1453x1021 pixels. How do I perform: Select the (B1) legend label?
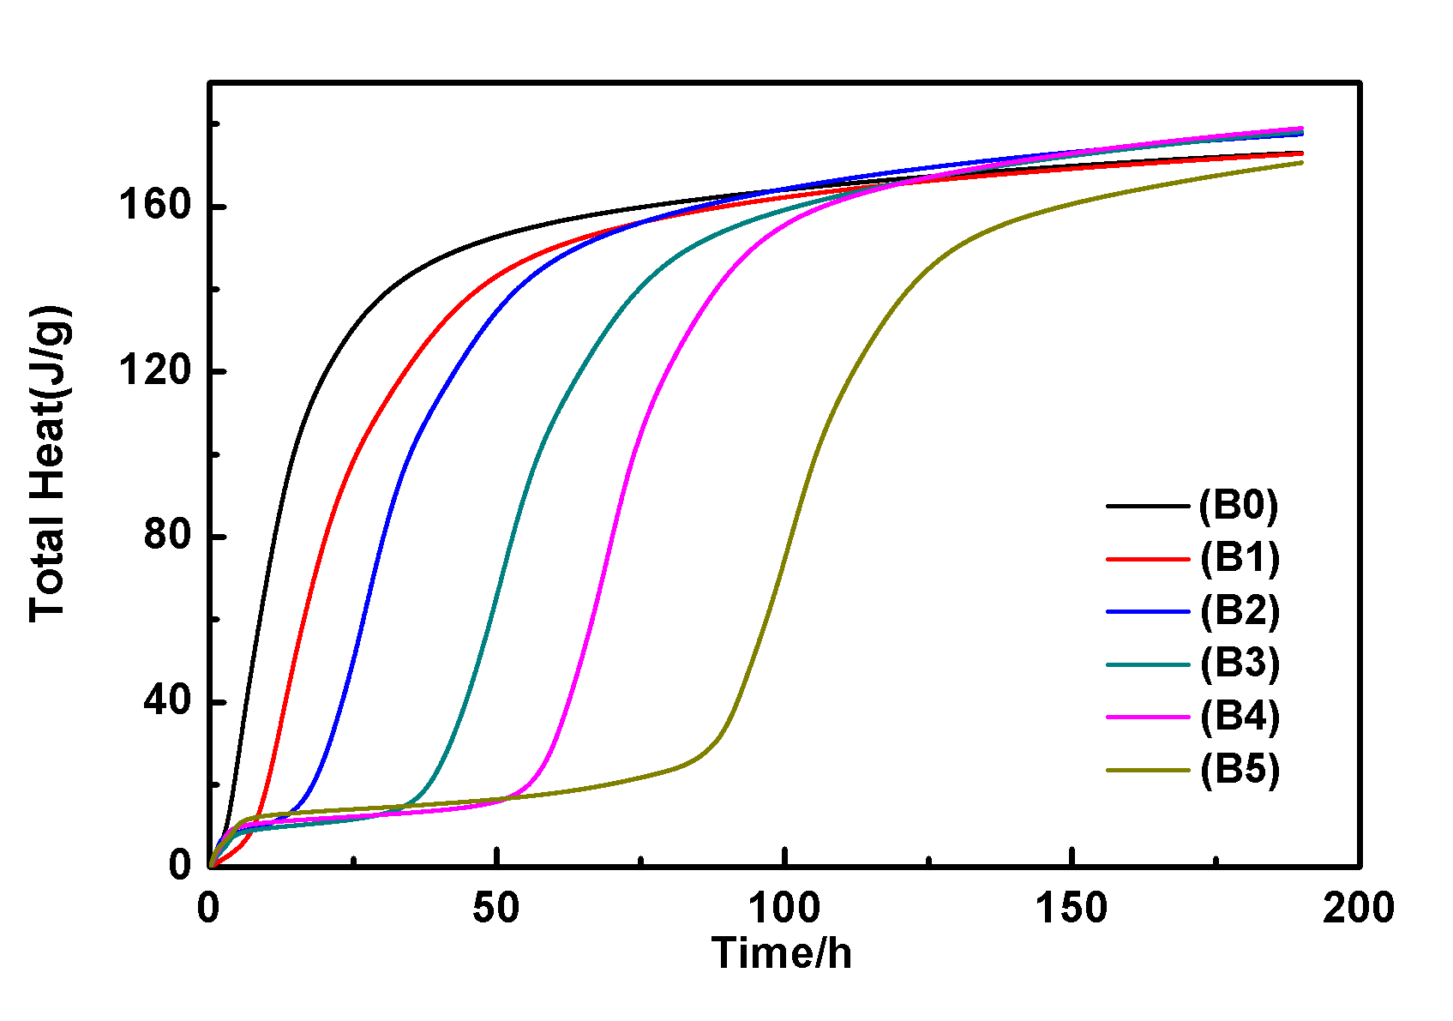(1240, 558)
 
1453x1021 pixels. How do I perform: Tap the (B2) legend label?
(1240, 611)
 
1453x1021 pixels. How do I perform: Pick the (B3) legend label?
(1240, 664)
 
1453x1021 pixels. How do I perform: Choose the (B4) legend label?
(1240, 717)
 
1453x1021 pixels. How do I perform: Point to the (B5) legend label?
(1240, 770)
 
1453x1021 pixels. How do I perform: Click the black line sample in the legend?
(1148, 506)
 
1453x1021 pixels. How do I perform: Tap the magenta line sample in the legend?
(1148, 717)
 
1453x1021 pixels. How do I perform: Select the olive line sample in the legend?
(1148, 770)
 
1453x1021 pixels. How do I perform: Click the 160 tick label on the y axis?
(154, 207)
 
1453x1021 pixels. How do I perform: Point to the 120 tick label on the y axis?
(154, 371)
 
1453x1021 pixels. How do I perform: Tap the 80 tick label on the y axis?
(167, 536)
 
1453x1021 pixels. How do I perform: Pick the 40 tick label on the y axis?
(167, 701)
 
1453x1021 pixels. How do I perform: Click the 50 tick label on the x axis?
(496, 909)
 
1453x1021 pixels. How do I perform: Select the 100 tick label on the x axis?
(784, 909)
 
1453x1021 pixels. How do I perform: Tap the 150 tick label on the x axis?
(1072, 909)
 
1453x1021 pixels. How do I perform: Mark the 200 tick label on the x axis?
(1359, 909)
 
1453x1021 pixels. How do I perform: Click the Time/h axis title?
(782, 953)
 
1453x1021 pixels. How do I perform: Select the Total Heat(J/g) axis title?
(49, 464)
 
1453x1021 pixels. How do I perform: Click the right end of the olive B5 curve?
(1301, 162)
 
